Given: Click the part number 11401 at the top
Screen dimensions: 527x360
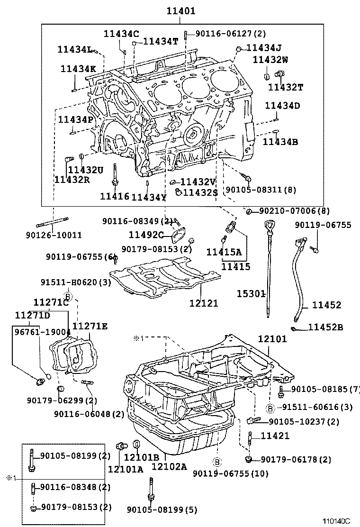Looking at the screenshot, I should [x=180, y=10].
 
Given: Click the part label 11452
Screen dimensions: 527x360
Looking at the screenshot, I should [x=326, y=306].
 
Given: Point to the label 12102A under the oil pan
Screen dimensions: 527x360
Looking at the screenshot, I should [x=169, y=467].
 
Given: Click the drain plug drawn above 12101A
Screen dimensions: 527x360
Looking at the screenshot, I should [x=122, y=446].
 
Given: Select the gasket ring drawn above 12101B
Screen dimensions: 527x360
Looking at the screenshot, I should [x=136, y=444].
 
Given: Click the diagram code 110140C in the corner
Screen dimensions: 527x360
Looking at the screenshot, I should [x=336, y=521].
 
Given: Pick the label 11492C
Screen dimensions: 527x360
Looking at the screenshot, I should [x=146, y=234].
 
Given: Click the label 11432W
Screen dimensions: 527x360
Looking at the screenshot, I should [x=270, y=59].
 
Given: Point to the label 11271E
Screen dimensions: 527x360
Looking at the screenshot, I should [x=90, y=326].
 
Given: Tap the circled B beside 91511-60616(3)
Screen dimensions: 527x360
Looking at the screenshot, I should [x=270, y=408].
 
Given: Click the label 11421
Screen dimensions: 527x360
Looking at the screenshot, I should [x=275, y=436].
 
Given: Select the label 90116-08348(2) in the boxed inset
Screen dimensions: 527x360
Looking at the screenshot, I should [x=75, y=487].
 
